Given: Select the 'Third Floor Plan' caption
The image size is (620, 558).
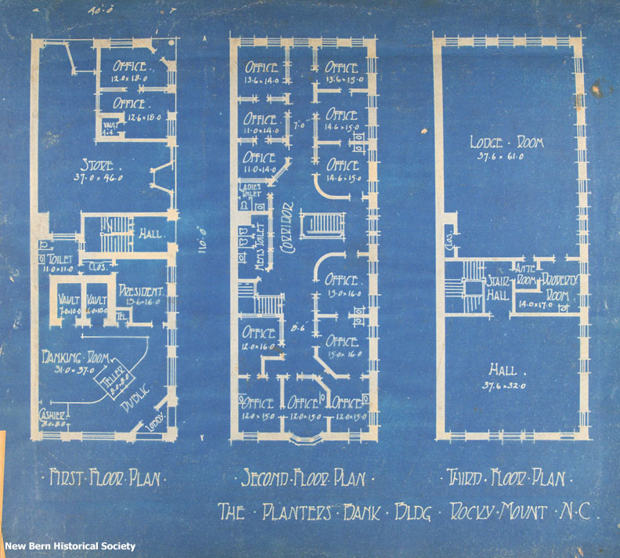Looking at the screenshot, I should pos(509,476).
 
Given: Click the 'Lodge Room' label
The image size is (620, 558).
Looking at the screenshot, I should pos(506,142).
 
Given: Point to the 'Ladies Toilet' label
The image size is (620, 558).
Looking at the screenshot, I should pos(252,190).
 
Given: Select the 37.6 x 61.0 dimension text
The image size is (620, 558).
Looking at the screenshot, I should pos(506,154).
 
